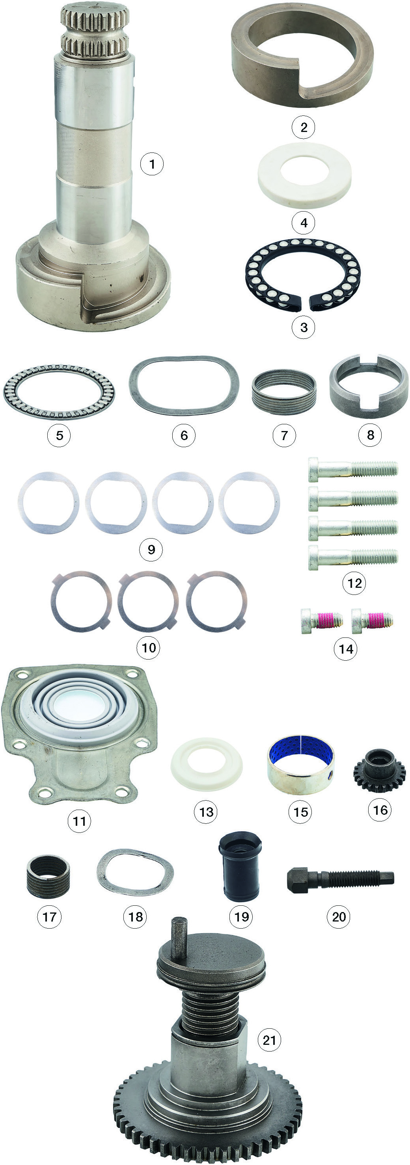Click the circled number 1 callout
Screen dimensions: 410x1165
click(x=152, y=164)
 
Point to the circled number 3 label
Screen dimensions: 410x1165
click(x=304, y=327)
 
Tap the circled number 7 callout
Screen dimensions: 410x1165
click(x=284, y=435)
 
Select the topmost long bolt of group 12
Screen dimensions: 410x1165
click(x=353, y=469)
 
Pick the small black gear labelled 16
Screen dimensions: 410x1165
click(x=379, y=770)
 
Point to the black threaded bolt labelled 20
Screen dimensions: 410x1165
click(x=340, y=879)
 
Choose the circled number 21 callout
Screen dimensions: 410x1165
click(x=269, y=1040)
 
